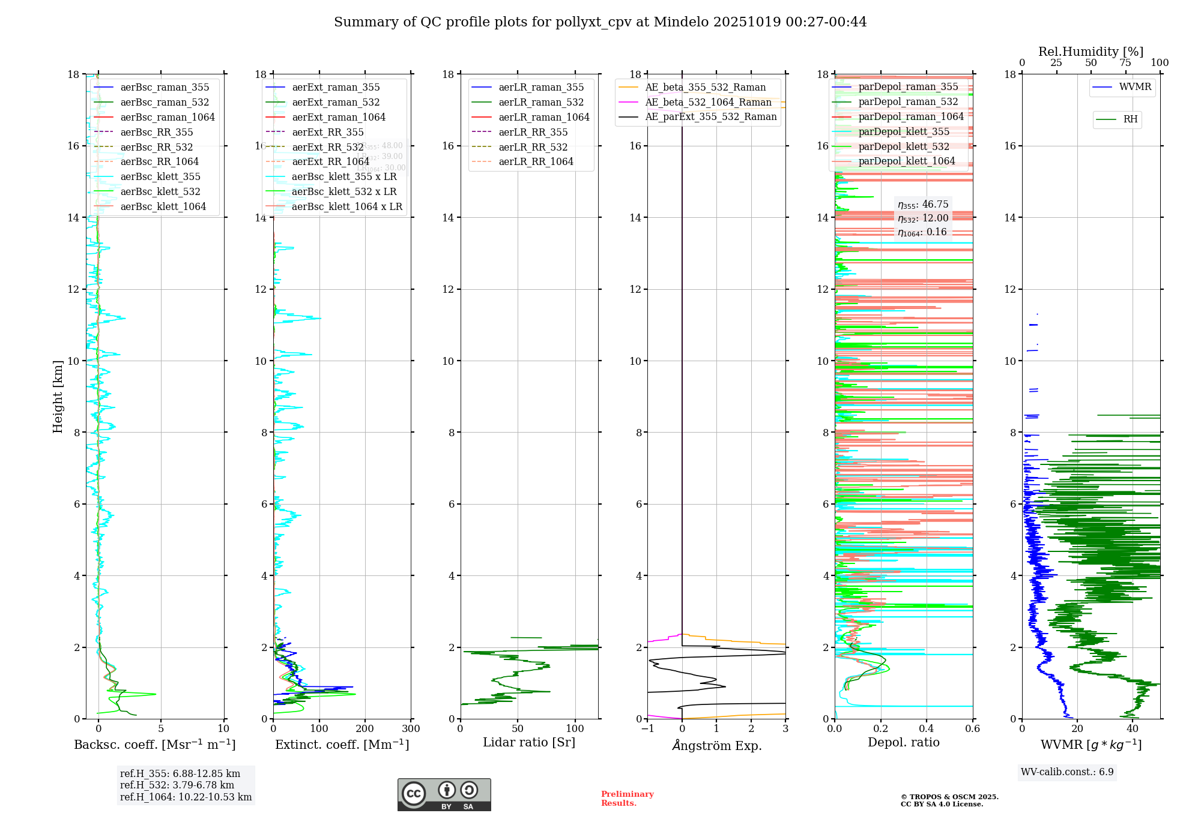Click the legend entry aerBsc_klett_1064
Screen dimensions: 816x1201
pos(163,206)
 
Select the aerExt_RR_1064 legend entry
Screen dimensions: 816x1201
pos(330,161)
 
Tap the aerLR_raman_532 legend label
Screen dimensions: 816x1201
pos(541,102)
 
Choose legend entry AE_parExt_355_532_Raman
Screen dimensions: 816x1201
pos(710,116)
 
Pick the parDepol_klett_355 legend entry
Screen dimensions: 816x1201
pos(904,131)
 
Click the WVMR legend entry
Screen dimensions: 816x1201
pos(1135,87)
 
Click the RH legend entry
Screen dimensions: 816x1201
pos(1130,119)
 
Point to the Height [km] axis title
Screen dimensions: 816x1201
pos(58,397)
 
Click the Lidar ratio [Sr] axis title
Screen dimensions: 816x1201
pos(529,742)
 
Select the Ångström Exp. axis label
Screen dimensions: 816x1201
pos(716,746)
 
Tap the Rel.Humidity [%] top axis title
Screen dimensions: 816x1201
pos(1091,52)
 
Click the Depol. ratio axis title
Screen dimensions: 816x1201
pos(903,742)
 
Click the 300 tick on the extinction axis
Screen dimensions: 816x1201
pos(411,729)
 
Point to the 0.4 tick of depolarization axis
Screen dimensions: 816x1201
pos(927,729)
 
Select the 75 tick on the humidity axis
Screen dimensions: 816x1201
pos(1125,63)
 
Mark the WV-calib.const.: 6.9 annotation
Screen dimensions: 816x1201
pos(1067,772)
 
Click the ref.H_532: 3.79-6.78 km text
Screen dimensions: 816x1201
pos(177,785)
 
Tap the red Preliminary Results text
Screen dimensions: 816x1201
pos(627,799)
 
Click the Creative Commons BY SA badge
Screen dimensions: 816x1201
pos(444,794)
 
